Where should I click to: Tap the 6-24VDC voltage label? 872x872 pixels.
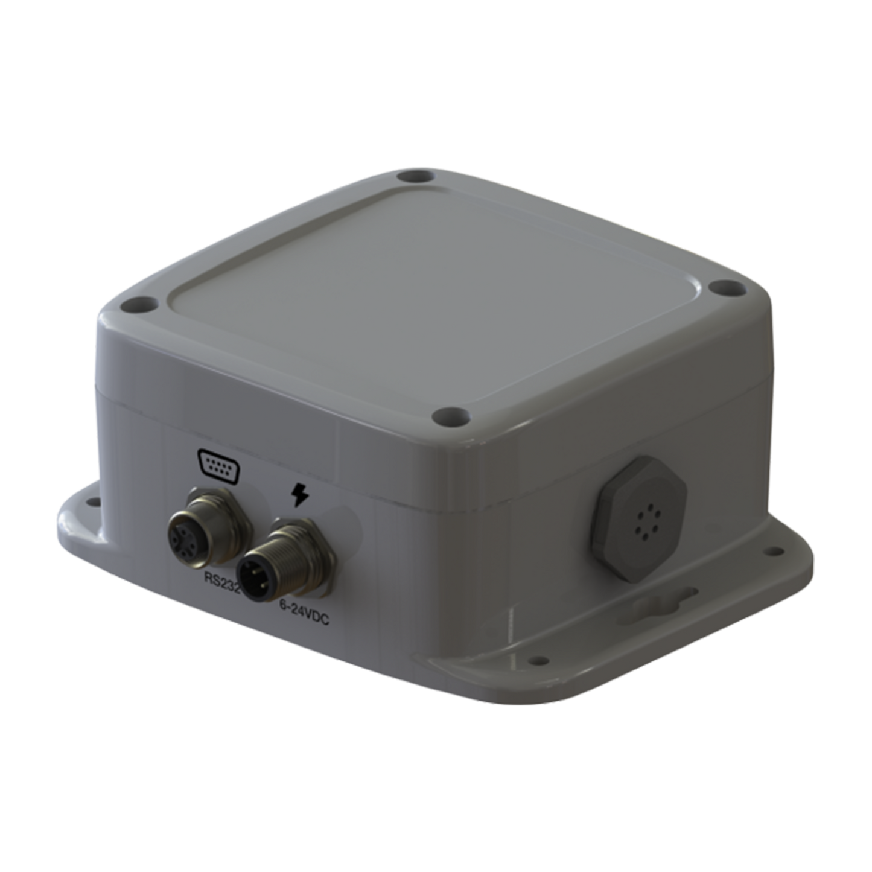click(x=304, y=602)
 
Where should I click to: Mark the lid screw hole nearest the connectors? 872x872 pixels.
click(x=451, y=416)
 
